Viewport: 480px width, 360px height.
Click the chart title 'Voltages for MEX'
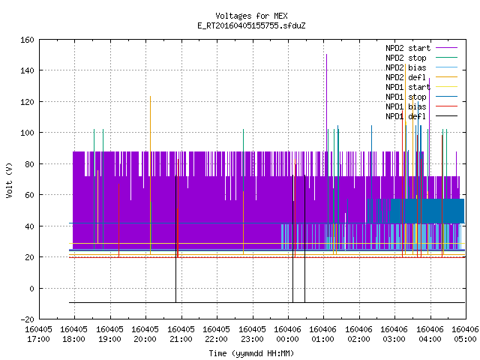[x=251, y=16]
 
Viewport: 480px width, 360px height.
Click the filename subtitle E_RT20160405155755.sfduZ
[x=251, y=25]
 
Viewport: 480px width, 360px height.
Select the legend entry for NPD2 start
[x=421, y=48]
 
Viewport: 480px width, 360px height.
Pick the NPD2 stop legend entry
[x=421, y=58]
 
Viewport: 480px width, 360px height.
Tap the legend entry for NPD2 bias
[x=421, y=67]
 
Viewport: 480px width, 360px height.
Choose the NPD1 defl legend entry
[x=421, y=116]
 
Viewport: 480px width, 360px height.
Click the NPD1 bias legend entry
[x=421, y=106]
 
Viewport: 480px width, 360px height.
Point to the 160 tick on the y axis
[x=27, y=40]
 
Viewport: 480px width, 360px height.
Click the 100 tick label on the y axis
[x=27, y=133]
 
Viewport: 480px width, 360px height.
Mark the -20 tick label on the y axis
[x=27, y=319]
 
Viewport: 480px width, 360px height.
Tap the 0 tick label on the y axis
[x=31, y=288]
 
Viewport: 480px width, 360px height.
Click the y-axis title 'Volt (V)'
[x=10, y=181]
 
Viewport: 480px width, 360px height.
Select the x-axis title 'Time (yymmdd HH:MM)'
[x=251, y=353]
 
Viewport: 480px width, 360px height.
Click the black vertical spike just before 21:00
[x=175, y=238]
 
